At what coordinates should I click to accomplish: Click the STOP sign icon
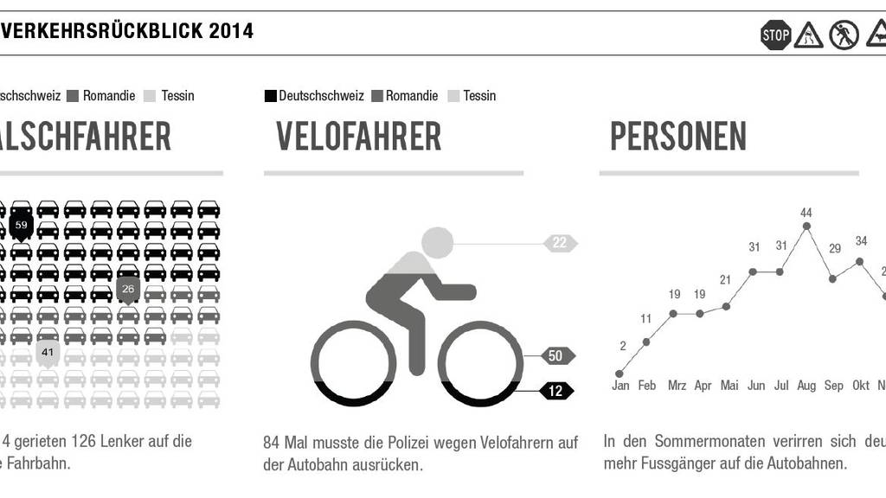click(775, 35)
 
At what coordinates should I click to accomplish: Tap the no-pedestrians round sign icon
click(844, 35)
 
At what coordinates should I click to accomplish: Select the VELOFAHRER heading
click(358, 137)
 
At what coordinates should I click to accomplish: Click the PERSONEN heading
click(678, 137)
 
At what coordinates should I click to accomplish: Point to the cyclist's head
click(437, 243)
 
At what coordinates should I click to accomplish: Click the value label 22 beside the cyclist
click(559, 243)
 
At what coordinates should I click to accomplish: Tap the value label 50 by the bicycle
click(555, 355)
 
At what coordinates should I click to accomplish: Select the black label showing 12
click(555, 391)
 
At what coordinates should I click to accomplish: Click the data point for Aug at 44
click(806, 227)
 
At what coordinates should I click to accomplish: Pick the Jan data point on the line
click(620, 373)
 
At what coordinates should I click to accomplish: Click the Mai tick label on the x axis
click(729, 386)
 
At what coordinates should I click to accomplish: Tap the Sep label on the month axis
click(833, 386)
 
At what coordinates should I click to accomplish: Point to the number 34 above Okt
click(861, 240)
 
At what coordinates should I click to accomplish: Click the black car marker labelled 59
click(22, 226)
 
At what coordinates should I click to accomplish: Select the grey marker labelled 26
click(128, 289)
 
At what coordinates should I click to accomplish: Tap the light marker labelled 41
click(48, 352)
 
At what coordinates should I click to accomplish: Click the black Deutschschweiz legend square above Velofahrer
click(270, 96)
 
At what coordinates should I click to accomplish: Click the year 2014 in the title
click(230, 31)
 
